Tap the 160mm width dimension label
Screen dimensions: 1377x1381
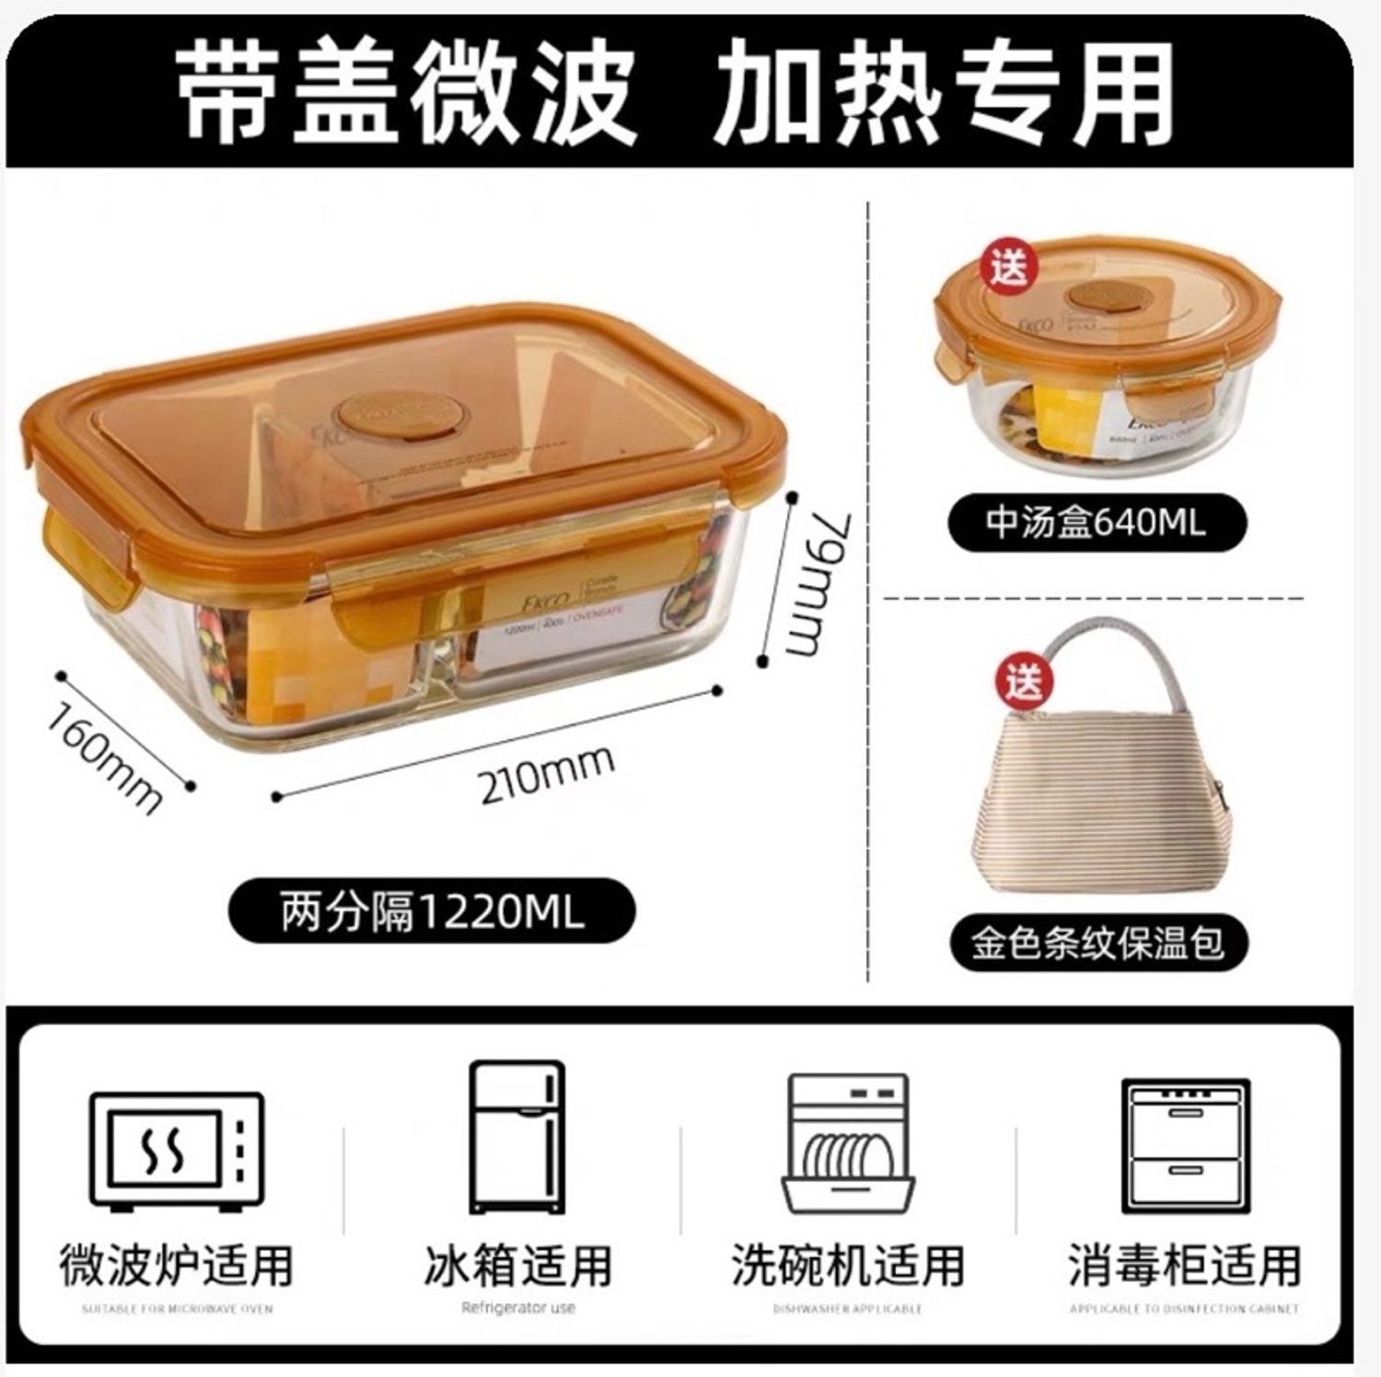(x=106, y=757)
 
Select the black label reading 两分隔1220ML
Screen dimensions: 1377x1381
(x=432, y=912)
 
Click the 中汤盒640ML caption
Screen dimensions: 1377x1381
(x=1096, y=523)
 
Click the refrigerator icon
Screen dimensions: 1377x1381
(x=516, y=1140)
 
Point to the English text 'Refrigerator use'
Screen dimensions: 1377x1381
(x=517, y=1307)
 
